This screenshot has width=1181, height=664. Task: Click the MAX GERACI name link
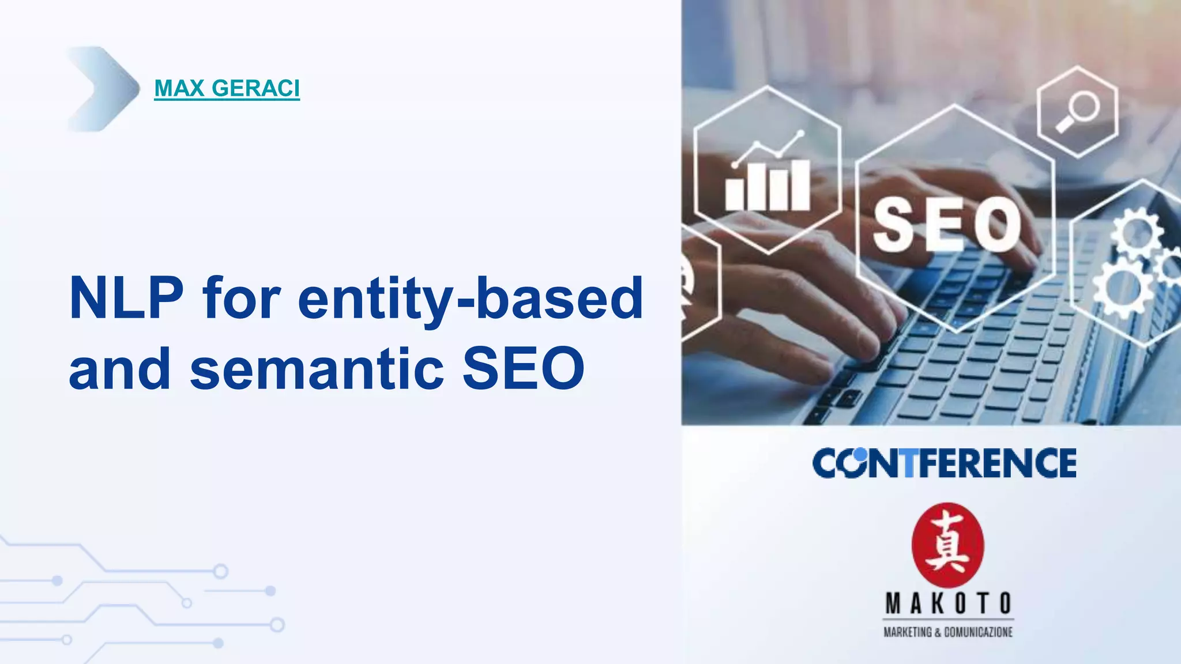pos(227,88)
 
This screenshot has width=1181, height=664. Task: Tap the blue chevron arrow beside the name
pos(104,89)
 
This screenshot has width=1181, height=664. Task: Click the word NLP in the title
pos(126,299)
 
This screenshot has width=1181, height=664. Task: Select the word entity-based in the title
pos(470,299)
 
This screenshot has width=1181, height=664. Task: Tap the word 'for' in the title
pos(241,299)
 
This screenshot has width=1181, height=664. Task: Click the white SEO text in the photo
pos(947,225)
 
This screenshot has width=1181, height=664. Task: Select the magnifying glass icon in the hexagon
pos(1077,111)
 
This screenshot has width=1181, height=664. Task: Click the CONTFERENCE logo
pos(944,463)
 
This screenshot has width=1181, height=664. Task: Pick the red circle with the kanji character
pos(947,545)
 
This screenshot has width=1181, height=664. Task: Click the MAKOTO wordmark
pos(948,603)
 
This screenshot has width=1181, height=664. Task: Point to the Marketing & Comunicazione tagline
pos(948,632)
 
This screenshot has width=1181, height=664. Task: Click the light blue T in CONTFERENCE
pos(909,463)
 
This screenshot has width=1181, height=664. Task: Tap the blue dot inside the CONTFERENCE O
pos(860,455)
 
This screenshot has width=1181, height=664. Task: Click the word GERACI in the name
pos(255,88)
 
